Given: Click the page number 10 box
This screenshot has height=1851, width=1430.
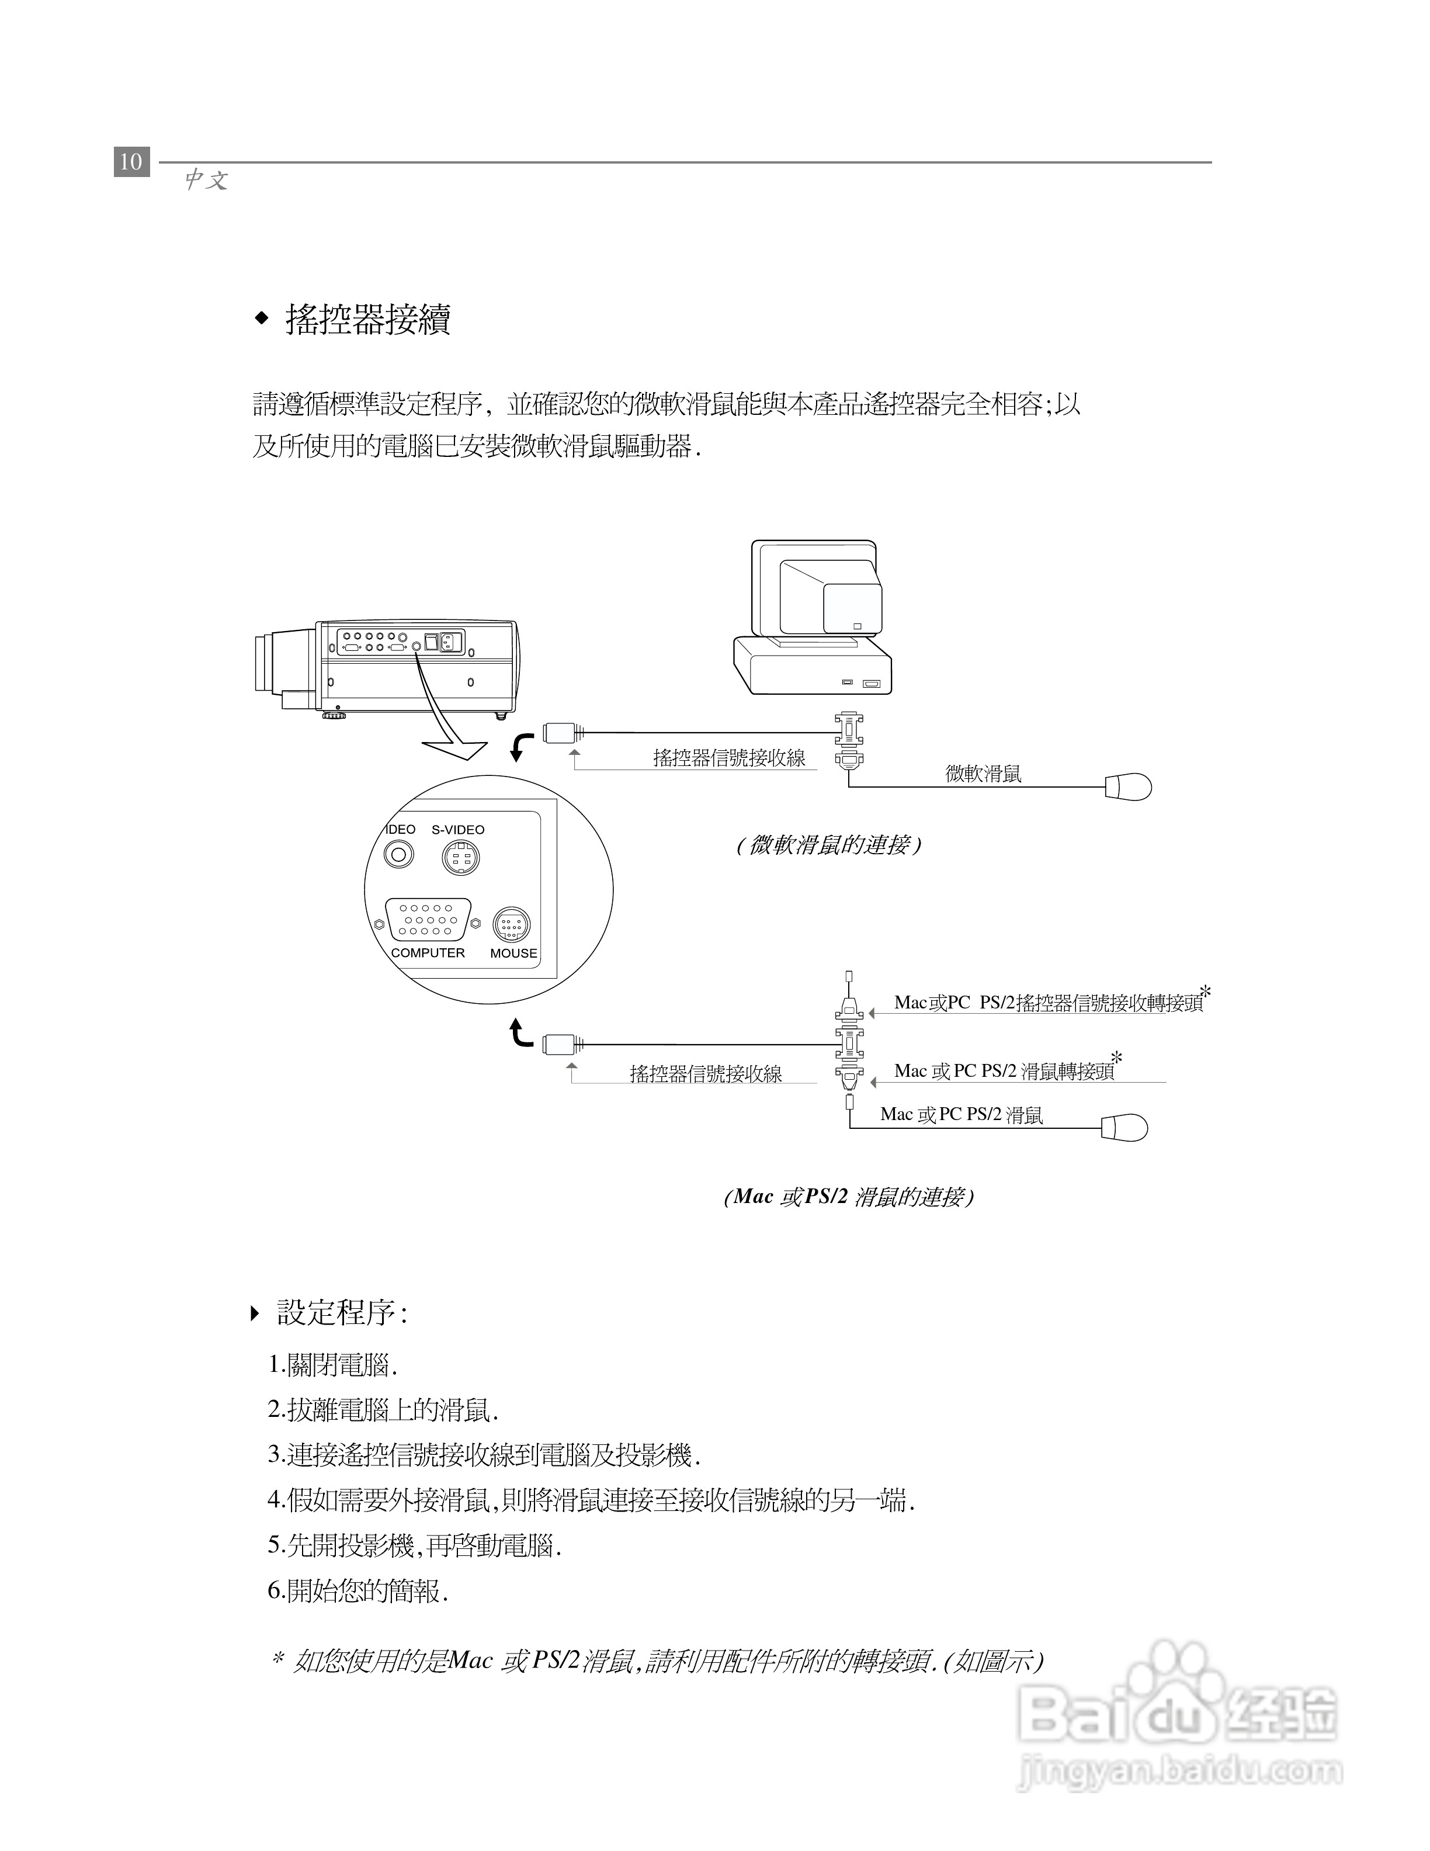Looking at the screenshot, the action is point(131,161).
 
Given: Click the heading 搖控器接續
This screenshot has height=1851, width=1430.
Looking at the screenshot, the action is point(367,320).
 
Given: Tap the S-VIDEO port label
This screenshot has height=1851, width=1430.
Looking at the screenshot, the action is point(457,830).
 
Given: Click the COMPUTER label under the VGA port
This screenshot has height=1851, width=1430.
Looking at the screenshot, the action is point(428,952).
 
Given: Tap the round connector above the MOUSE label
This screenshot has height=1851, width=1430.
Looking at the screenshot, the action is point(512,925).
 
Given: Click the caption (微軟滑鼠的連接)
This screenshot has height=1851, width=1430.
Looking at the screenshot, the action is point(828,845).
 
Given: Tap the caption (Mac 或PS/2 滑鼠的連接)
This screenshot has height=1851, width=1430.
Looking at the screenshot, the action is point(849,1197).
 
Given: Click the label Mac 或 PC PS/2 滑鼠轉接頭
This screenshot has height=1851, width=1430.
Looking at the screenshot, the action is point(1004,1071).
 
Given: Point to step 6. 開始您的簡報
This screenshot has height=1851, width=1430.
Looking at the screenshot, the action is point(358,1591).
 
